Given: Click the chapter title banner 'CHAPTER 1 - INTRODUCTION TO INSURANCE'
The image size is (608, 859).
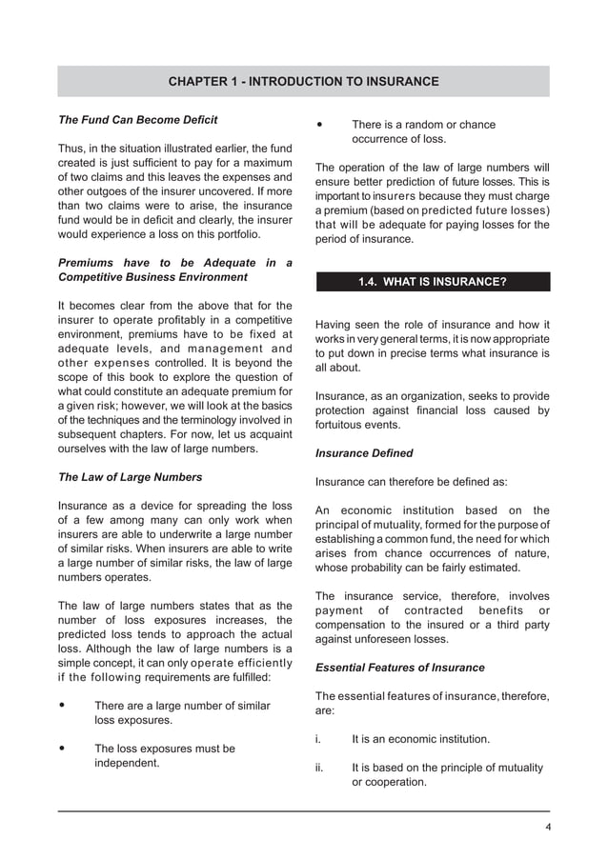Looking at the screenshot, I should coord(303,82).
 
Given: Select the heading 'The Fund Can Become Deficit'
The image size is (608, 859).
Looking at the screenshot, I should coord(138,120).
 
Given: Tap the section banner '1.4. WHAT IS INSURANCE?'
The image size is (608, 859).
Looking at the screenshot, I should coord(432,282).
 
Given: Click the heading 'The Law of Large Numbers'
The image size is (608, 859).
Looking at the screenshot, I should coord(131,476).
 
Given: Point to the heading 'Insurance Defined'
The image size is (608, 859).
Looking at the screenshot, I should coord(364,452).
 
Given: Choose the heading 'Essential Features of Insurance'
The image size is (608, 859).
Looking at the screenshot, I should coord(399,668).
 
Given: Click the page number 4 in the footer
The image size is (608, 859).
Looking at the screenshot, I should coord(547,826).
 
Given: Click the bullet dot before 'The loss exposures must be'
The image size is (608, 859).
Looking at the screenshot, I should coord(63,749).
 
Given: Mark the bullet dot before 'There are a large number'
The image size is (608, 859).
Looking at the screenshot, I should coord(63,706).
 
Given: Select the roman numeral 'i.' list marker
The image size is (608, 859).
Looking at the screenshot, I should coord(318,739).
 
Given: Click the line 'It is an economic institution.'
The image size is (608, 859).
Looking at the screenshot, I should coord(420,739).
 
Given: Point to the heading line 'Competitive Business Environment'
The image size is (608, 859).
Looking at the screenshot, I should coord(152,277).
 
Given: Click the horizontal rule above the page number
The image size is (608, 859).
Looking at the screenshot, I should coord(303,811).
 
